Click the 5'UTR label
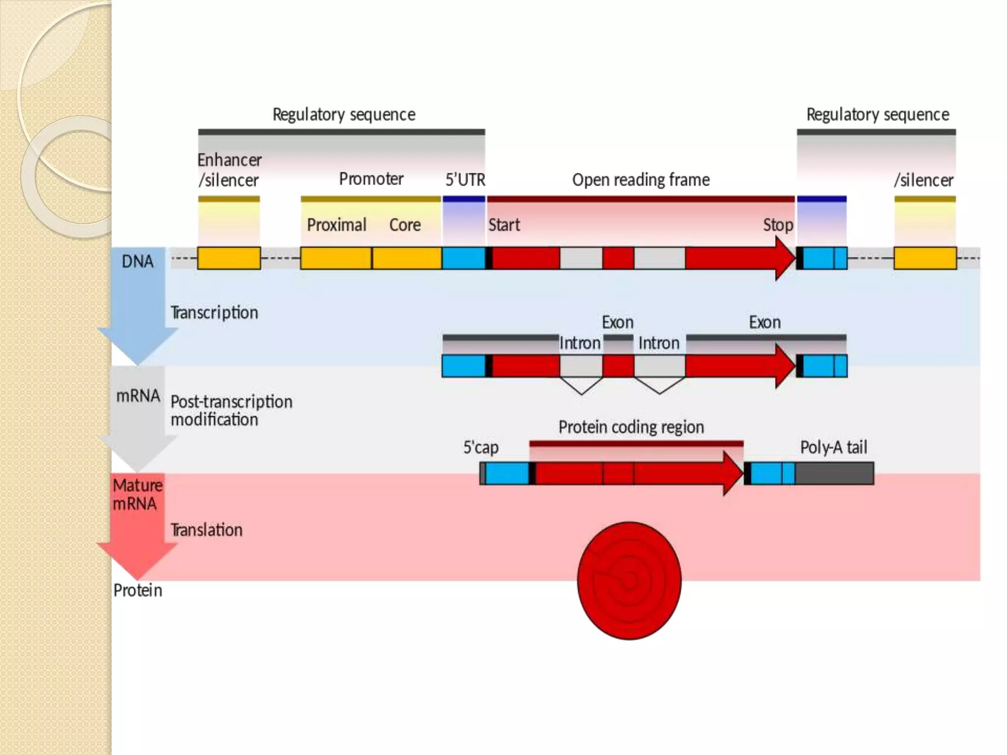click(465, 180)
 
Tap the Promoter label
click(371, 179)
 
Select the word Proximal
click(336, 225)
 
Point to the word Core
click(405, 225)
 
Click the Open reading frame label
click(641, 180)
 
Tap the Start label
click(504, 225)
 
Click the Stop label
click(778, 225)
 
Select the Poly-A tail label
click(833, 447)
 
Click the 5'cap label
click(480, 447)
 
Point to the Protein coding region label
click(631, 427)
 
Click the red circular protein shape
click(629, 581)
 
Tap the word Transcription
click(214, 313)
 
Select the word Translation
click(206, 530)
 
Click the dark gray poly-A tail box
click(834, 473)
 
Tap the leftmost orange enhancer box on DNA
click(229, 258)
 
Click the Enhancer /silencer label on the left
click(229, 170)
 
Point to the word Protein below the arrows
click(137, 590)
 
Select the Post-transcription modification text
click(231, 410)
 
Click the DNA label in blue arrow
click(137, 261)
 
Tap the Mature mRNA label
click(137, 494)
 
